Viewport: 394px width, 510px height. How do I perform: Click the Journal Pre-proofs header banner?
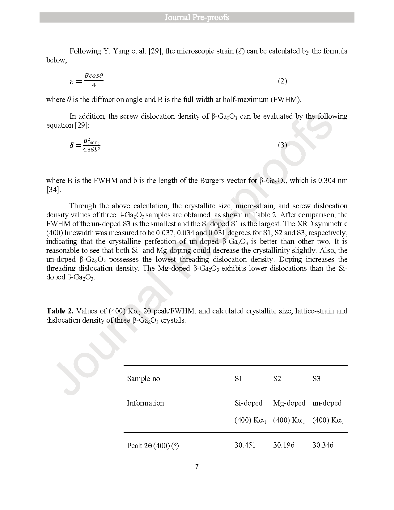pyautogui.click(x=197, y=17)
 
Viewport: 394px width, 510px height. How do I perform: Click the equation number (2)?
pyautogui.click(x=282, y=81)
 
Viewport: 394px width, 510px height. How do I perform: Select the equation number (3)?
pyautogui.click(x=282, y=145)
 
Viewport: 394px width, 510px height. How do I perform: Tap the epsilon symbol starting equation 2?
pyautogui.click(x=72, y=82)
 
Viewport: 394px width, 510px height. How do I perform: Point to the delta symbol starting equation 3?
pyautogui.click(x=72, y=145)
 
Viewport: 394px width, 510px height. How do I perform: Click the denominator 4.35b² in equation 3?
pyautogui.click(x=92, y=150)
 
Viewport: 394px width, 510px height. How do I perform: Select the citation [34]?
pyautogui.click(x=53, y=189)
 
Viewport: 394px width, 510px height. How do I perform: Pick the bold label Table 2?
pyautogui.click(x=60, y=311)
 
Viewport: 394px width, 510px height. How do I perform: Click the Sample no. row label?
pyautogui.click(x=144, y=379)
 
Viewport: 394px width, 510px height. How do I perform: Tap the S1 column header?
pyautogui.click(x=238, y=379)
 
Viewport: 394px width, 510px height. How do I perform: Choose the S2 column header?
pyautogui.click(x=277, y=379)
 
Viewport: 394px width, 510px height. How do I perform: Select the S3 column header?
pyautogui.click(x=316, y=379)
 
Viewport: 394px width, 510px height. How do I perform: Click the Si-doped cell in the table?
pyautogui.click(x=248, y=403)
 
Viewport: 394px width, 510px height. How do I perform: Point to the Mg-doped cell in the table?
pyautogui.click(x=289, y=403)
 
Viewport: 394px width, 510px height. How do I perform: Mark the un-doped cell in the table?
pyautogui.click(x=327, y=403)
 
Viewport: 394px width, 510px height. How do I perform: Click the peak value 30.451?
pyautogui.click(x=245, y=445)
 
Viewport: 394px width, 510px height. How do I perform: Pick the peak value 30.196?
pyautogui.click(x=284, y=445)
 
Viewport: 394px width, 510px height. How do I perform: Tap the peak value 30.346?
pyautogui.click(x=323, y=445)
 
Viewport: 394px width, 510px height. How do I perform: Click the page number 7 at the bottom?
pyautogui.click(x=197, y=467)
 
